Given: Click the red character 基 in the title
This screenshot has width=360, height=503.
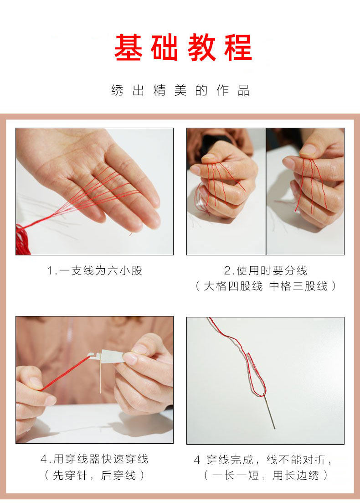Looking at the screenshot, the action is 128,47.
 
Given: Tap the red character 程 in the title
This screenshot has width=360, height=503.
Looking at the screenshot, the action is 238,47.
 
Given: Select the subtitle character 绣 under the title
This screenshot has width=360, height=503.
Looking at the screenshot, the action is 117,90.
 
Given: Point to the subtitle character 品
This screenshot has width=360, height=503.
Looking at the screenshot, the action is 243,90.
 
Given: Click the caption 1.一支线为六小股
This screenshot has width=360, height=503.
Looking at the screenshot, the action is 95,270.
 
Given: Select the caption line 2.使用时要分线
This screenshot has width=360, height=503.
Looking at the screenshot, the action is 265,270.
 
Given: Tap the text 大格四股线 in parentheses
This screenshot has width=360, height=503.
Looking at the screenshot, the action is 233,286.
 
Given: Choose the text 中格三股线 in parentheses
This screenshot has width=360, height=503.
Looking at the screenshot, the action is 298,286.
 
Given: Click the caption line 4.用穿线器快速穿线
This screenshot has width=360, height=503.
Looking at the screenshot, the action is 95,459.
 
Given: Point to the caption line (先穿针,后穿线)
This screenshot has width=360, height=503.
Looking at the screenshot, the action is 95,475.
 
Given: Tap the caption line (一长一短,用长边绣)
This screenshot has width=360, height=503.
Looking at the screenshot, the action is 265,475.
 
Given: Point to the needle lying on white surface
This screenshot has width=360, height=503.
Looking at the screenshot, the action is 269,411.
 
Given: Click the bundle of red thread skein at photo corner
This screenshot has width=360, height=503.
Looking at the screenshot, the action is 22,241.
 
